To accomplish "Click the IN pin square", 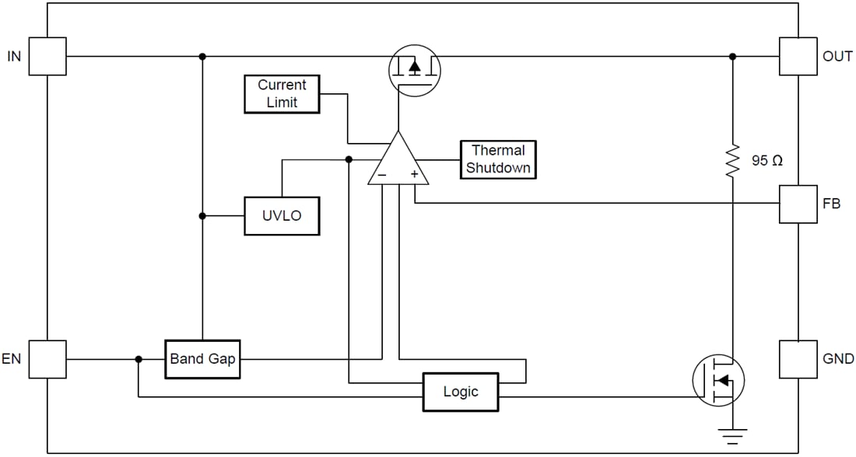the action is click(47, 56).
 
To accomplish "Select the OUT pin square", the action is click(798, 56).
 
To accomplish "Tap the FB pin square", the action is click(798, 204).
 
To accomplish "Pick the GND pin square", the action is click(798, 359).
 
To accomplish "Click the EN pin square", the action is click(47, 359).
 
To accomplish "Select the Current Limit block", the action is click(282, 94).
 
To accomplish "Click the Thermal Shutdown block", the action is click(498, 159).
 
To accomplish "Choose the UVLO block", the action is click(282, 215).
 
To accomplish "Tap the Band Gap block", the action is click(202, 359).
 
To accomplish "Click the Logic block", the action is click(460, 392).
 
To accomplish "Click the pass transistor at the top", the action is click(414, 70).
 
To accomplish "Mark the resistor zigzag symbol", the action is click(731, 161).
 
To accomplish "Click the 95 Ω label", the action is click(767, 161).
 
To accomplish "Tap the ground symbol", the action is click(731, 434).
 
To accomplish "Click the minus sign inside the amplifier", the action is click(381, 176).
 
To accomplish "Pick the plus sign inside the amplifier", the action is click(414, 175).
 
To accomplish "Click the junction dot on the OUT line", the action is click(731, 56).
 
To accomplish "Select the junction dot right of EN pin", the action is click(139, 359).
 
